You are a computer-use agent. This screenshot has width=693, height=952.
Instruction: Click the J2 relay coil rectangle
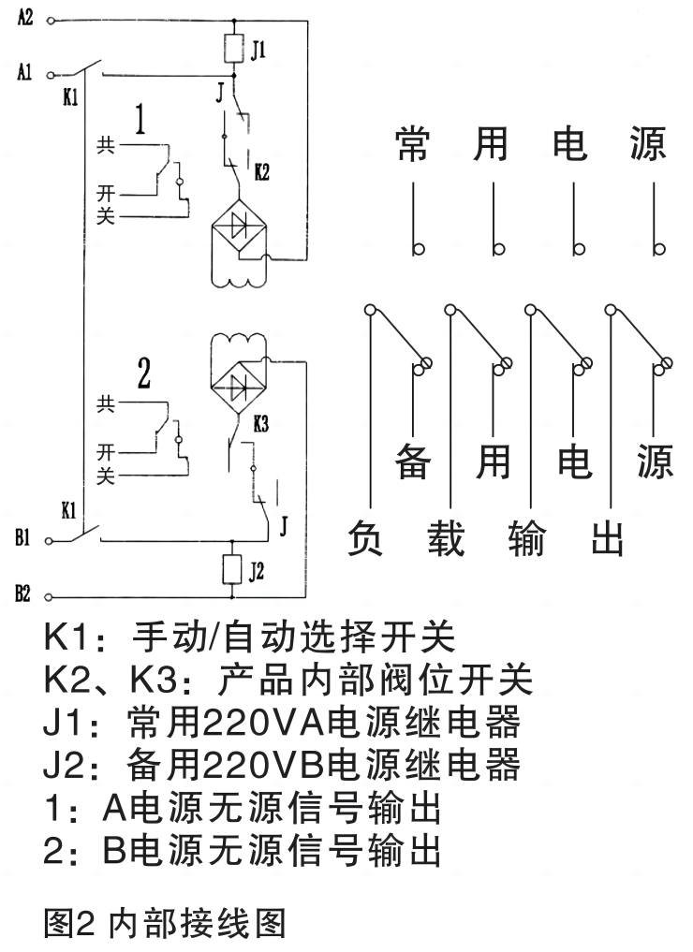point(233,568)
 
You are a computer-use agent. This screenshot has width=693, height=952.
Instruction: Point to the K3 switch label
point(261,423)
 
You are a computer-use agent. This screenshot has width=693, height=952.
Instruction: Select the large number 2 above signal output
point(144,373)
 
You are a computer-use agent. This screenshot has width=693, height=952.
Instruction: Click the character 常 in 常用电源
point(412,143)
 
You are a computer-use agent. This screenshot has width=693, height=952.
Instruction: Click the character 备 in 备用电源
point(412,460)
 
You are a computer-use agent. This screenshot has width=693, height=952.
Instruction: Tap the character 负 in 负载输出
point(371,538)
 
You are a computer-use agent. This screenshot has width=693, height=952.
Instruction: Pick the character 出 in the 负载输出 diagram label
point(610,538)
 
